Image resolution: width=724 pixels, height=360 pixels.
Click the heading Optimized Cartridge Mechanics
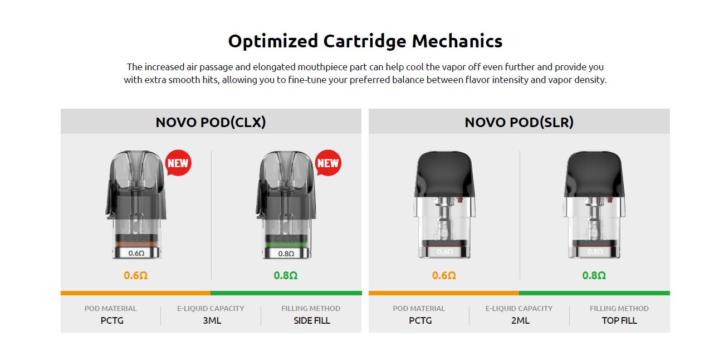point(365,41)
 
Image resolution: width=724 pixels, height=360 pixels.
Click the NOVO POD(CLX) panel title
point(211,122)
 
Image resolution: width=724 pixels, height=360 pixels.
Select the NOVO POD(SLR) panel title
point(519,122)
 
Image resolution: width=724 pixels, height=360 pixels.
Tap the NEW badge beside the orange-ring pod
point(178,163)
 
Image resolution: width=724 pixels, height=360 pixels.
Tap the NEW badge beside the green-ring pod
point(327,163)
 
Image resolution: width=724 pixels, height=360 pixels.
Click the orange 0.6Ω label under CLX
point(136,275)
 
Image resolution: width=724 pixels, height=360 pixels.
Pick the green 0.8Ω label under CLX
point(286,275)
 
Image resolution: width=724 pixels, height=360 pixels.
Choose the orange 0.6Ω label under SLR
point(444,275)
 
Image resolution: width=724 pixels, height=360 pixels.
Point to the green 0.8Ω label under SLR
point(594,275)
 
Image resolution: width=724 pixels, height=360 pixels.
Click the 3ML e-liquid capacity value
point(212,320)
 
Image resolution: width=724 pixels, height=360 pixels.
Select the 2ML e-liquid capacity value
point(519,320)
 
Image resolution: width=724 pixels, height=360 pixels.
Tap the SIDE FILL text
point(311,320)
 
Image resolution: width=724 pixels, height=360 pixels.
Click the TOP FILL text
point(619,320)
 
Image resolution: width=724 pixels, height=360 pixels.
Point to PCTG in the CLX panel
point(112,320)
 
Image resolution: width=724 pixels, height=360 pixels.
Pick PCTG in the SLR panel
point(420,320)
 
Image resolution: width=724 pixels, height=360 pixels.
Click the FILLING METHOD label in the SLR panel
point(619,308)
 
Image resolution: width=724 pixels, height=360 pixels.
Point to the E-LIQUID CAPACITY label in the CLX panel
point(211,308)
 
